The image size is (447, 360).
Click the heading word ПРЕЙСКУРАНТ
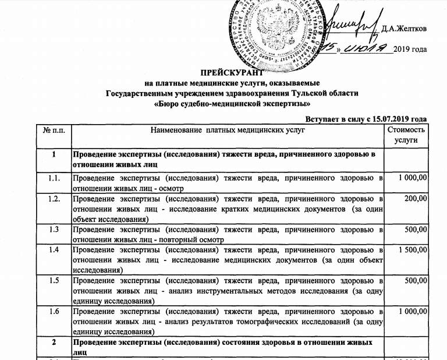point(232,73)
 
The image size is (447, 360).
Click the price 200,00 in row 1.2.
point(416,199)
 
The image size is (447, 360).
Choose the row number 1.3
point(54,229)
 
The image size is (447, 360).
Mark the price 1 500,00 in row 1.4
point(411,250)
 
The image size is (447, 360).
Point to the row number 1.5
point(54,280)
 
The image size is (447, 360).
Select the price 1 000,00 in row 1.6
point(411,312)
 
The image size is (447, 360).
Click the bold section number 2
point(54,342)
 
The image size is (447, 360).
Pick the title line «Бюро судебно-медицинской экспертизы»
point(232,104)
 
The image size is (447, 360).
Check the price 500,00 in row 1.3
point(416,229)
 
